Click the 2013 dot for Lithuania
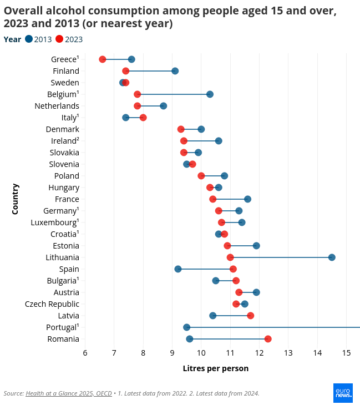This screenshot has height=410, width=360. click(332, 257)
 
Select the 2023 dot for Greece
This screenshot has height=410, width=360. click(103, 59)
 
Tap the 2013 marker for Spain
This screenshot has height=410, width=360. click(178, 269)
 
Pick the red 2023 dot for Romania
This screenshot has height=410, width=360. click(268, 338)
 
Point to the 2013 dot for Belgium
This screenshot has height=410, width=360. click(210, 94)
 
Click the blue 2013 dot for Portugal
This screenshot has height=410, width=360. click(187, 327)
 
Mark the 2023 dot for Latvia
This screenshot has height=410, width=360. click(251, 315)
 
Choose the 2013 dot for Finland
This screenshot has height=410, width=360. click(175, 71)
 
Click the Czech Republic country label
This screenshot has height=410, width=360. click(52, 304)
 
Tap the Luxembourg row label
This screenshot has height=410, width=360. click(54, 222)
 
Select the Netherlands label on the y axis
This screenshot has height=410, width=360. click(57, 106)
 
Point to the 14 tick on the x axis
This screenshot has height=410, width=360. click(317, 353)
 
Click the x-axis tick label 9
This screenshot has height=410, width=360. click(172, 353)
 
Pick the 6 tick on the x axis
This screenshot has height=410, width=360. click(85, 353)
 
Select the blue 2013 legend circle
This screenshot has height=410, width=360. click(29, 39)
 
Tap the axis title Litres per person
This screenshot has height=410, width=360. click(215, 368)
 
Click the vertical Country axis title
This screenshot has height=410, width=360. click(15, 199)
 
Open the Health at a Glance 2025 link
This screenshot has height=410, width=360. click(68, 393)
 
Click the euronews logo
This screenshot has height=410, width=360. click(343, 393)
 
